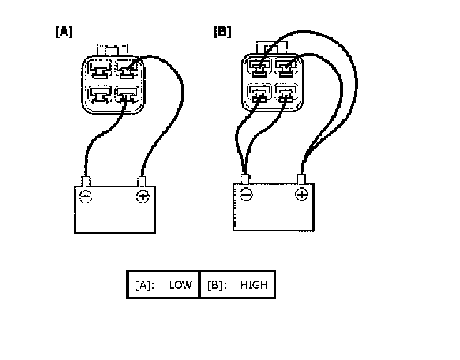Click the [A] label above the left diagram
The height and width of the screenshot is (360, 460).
64,32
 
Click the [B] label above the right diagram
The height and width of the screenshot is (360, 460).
222,32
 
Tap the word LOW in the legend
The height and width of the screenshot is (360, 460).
180,285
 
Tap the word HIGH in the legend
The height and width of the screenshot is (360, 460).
253,285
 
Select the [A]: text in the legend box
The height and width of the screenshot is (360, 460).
145,285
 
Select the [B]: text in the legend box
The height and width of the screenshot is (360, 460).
217,285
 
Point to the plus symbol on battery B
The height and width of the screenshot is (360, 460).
301,195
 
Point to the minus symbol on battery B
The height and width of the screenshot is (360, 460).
245,195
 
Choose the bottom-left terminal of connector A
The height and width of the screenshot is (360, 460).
100,95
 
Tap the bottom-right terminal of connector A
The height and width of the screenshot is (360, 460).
128,95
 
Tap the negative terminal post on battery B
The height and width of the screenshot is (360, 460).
245,179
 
